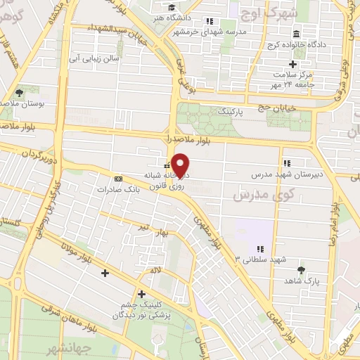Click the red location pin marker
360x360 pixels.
[181, 165]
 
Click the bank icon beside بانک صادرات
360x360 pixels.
[117, 179]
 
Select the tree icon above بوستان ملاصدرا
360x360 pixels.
[20, 92]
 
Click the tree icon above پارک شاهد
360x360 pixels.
[302, 270]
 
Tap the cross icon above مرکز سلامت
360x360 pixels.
[293, 65]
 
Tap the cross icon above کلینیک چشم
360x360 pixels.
[141, 294]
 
